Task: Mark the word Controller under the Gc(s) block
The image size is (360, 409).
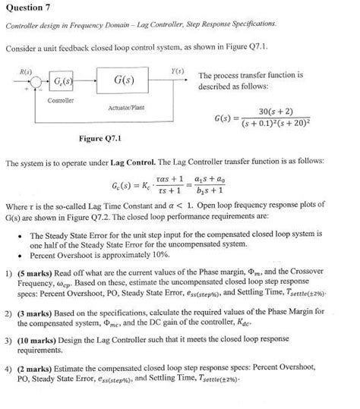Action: [60, 100]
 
